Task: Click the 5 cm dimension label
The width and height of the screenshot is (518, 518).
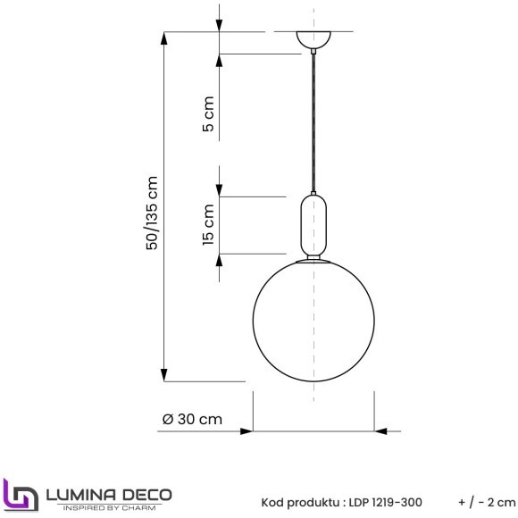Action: [x=209, y=116]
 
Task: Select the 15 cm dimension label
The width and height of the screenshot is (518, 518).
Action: [x=209, y=225]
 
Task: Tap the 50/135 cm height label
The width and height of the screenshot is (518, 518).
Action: [x=153, y=213]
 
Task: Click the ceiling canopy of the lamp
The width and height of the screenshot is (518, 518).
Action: [x=314, y=41]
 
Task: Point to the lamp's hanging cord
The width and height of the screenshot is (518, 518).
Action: [x=314, y=125]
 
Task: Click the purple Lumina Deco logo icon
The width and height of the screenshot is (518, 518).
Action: [x=19, y=494]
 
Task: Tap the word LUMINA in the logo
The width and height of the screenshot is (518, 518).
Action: [x=81, y=492]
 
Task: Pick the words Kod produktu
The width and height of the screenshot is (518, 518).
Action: [x=297, y=501]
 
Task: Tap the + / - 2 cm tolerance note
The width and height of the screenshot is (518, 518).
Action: [x=486, y=501]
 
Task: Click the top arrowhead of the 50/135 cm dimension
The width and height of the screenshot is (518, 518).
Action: [x=163, y=39]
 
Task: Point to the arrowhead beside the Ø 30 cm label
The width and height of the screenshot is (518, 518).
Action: [x=246, y=431]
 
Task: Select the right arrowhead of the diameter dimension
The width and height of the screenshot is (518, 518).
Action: [x=380, y=431]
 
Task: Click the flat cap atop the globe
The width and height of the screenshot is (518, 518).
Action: [x=314, y=261]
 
